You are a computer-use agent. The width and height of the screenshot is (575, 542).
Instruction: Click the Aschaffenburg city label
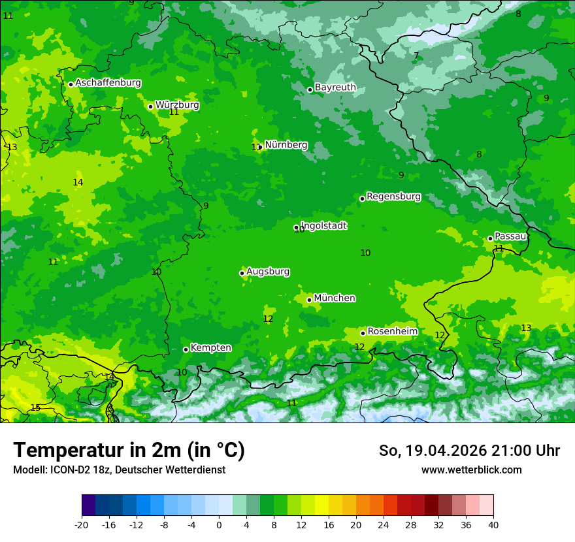click(108, 83)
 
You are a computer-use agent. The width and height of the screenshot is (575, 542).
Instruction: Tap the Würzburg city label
click(177, 104)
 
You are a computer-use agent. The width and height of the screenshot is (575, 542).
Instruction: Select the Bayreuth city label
click(335, 88)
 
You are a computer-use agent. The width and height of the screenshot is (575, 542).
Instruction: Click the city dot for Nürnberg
click(260, 147)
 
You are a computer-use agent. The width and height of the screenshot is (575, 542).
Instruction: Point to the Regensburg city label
click(393, 197)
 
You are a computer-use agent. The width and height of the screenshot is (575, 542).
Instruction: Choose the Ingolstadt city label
click(323, 226)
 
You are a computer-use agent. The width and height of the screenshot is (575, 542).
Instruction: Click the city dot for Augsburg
click(242, 273)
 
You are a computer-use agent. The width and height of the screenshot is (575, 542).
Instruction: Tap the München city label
click(335, 298)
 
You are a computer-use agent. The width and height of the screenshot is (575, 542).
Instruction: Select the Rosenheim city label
click(392, 332)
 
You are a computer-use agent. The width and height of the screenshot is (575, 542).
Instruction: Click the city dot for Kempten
click(186, 349)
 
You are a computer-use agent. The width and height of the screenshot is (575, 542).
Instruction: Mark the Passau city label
click(510, 236)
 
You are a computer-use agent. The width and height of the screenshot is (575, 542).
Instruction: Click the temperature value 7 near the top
click(416, 56)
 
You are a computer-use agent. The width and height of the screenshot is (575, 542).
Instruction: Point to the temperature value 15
click(35, 407)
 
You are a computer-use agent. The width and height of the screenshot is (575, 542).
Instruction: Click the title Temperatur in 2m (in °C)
click(129, 451)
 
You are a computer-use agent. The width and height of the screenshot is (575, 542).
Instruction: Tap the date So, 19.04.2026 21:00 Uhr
click(469, 451)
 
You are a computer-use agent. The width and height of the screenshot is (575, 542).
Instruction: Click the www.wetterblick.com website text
click(471, 470)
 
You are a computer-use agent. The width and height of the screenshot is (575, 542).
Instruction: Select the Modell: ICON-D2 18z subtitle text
click(119, 470)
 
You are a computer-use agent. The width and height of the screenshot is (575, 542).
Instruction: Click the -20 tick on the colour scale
click(82, 524)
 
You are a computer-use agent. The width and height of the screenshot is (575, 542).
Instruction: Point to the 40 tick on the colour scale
click(493, 524)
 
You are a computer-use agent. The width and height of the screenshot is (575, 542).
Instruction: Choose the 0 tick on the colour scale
click(219, 524)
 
